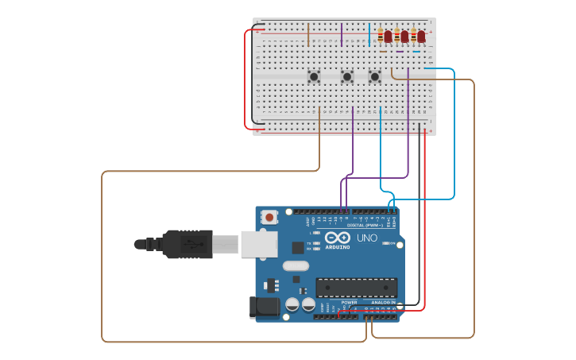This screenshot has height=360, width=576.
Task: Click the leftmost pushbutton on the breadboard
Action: pos(314,77)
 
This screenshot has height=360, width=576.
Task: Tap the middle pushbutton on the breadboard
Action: pos(346,77)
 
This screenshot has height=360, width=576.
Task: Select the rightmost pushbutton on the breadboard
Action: pos(375,77)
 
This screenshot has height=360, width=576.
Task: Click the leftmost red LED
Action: pos(389,37)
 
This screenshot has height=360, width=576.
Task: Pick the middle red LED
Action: pos(404,37)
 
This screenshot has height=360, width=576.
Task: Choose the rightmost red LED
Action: pos(421,37)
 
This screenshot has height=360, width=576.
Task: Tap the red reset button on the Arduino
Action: pos(270,217)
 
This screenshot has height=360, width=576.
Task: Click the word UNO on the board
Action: pos(367,238)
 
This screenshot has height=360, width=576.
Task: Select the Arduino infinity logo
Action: pos(337,238)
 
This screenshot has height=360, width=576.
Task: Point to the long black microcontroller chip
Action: pos(356,287)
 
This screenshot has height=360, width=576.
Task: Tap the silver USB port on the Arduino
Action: pos(259,245)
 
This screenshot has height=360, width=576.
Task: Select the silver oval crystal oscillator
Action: pos(295,266)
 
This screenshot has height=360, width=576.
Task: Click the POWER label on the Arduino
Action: pos(350,303)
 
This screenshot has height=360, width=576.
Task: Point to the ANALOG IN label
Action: pos(383,303)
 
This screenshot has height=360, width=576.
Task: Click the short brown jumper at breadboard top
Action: pos(308,35)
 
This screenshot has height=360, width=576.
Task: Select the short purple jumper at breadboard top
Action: pos(342,35)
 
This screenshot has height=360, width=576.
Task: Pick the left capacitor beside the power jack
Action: pos(292,304)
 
